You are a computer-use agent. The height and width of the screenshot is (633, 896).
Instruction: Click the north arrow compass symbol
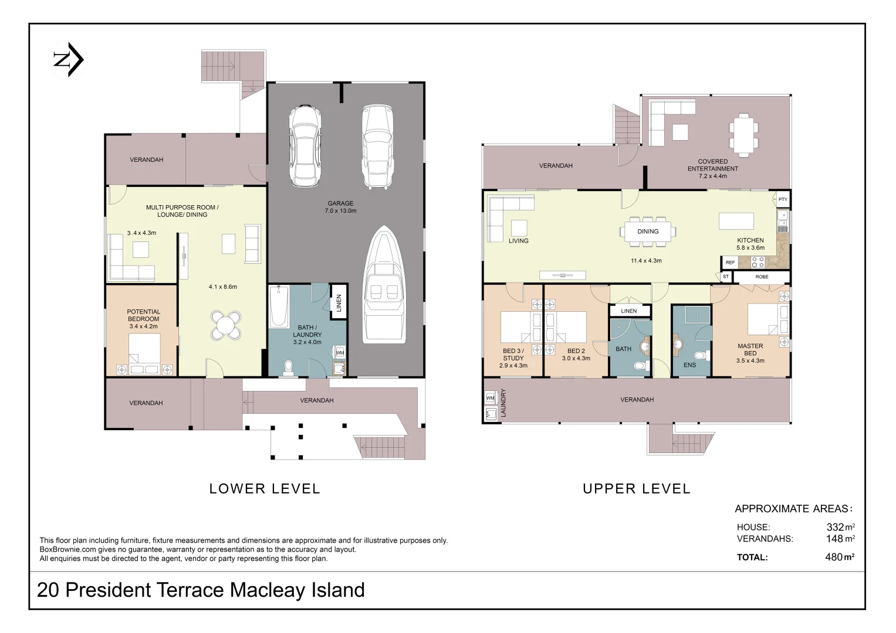pyautogui.click(x=69, y=60)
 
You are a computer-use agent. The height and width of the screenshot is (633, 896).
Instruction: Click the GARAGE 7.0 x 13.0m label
pyautogui.click(x=340, y=207)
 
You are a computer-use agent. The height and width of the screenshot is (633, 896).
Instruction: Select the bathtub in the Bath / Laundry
pyautogui.click(x=278, y=307)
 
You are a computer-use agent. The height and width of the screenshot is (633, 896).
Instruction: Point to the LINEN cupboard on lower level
pyautogui.click(x=339, y=302)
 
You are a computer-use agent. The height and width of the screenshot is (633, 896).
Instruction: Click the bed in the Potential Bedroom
pyautogui.click(x=144, y=353)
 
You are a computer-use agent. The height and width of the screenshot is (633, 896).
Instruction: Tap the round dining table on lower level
pyautogui.click(x=226, y=324)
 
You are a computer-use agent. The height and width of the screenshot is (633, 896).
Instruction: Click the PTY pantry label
pyautogui.click(x=783, y=200)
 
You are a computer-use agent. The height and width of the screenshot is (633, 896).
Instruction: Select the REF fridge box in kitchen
pyautogui.click(x=730, y=263)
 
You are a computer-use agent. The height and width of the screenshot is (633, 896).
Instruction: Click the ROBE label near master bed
pyautogui.click(x=762, y=277)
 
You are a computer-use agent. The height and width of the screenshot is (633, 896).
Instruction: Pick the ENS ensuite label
pyautogui.click(x=689, y=365)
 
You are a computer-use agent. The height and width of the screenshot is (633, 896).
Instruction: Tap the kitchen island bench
pyautogui.click(x=736, y=221)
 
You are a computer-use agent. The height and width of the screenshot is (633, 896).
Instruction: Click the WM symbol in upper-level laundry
pyautogui.click(x=491, y=398)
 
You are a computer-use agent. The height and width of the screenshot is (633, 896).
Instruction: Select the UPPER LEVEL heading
pyautogui.click(x=637, y=488)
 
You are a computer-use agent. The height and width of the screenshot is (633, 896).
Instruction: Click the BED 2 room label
pyautogui.click(x=576, y=355)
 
